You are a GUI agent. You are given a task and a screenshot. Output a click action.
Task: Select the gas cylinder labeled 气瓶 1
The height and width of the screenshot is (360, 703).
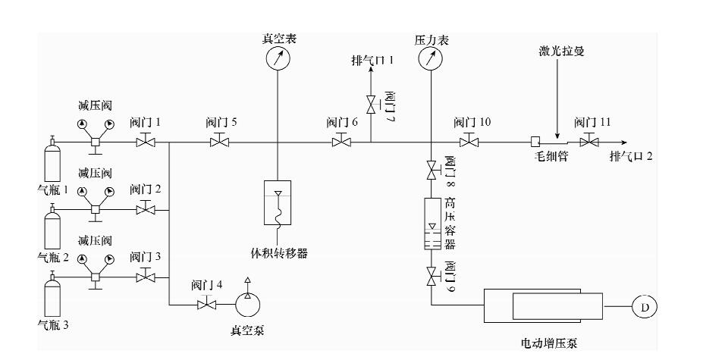(52, 158)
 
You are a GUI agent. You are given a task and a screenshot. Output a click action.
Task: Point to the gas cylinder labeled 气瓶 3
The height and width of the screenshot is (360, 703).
(52, 293)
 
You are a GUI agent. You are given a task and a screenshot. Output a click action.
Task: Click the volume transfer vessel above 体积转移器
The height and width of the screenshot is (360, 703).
(278, 202)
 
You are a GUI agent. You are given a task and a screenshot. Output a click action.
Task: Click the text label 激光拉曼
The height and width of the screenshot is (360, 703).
(561, 51)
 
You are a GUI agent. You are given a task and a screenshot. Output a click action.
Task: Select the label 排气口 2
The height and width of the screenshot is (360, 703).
(631, 156)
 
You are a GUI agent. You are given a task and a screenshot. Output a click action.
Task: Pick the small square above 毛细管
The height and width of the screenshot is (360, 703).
(535, 142)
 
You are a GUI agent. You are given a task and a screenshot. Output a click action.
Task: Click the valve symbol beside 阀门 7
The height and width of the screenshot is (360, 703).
(372, 105)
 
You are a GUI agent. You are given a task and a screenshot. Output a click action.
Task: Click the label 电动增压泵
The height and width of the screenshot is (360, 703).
(549, 343)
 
